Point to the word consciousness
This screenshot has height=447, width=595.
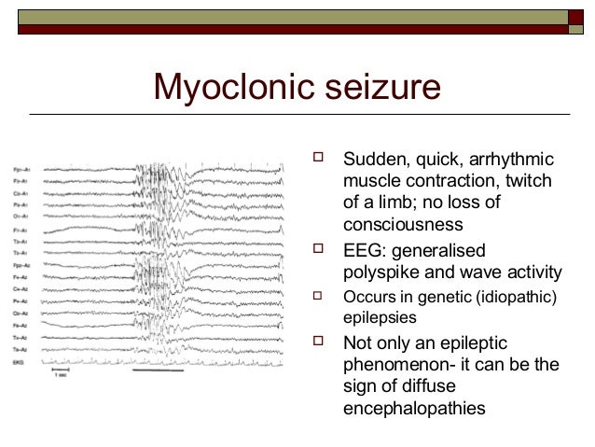click(x=403, y=225)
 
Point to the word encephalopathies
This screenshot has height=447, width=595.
click(x=414, y=407)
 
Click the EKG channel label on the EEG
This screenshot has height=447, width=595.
click(x=19, y=359)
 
